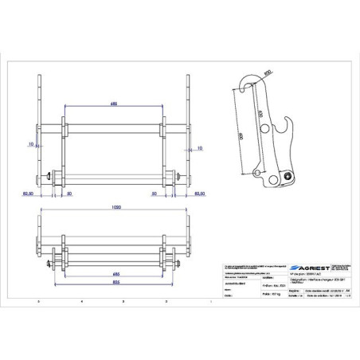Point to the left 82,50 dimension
coord(28,194)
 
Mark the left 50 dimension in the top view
coord(70,194)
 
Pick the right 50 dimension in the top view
coord(153,194)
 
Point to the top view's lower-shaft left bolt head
coord(50,176)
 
